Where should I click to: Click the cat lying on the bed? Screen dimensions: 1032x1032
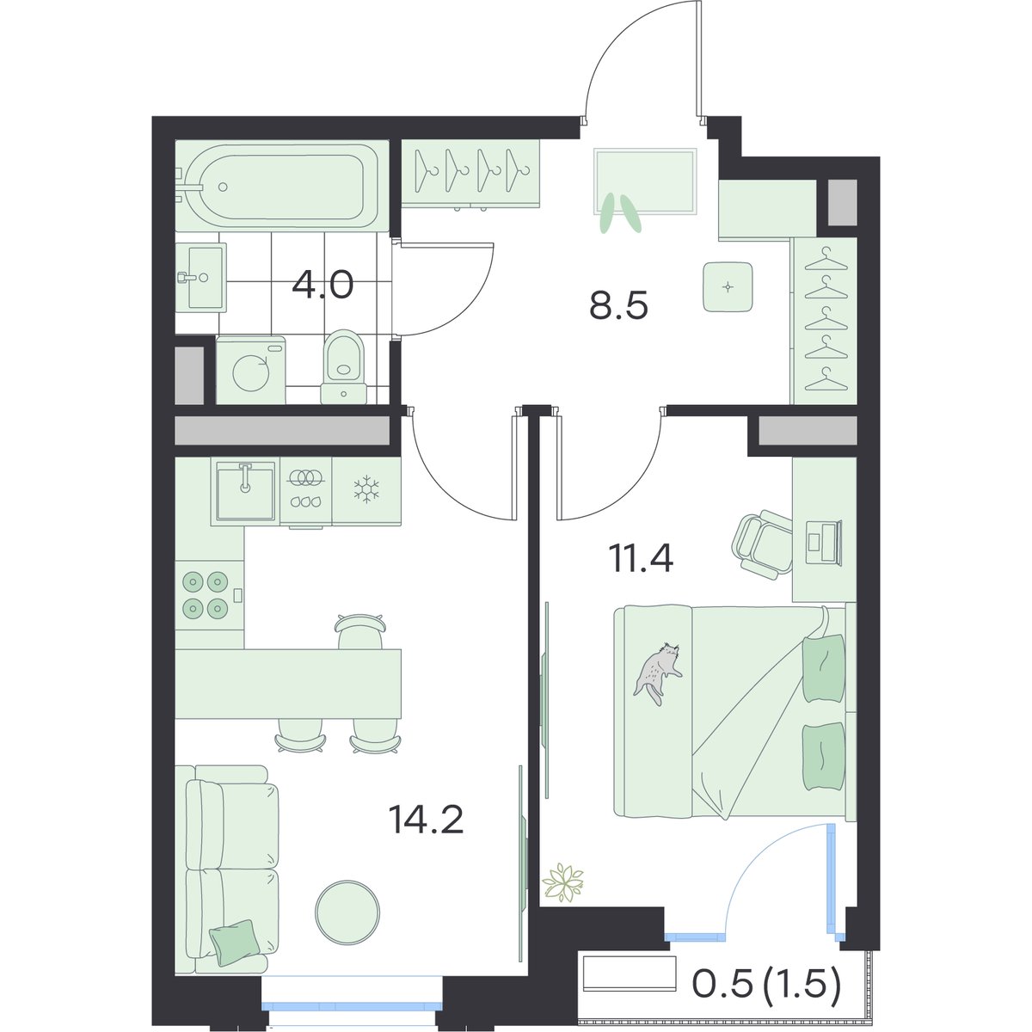(x=658, y=673)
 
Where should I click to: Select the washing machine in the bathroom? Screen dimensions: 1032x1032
(x=250, y=370)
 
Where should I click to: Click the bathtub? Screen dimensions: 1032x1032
(x=282, y=186)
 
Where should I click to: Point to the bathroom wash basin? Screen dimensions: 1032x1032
(x=201, y=278)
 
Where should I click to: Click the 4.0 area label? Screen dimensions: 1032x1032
(x=322, y=285)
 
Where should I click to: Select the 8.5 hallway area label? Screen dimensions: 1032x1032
(x=618, y=306)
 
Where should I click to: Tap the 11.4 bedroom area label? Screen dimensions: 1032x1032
(x=641, y=560)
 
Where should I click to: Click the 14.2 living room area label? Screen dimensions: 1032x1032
(x=427, y=820)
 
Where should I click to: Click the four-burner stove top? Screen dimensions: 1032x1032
(x=206, y=594)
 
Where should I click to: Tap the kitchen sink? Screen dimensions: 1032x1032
(x=246, y=491)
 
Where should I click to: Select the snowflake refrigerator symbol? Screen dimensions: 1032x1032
(x=366, y=489)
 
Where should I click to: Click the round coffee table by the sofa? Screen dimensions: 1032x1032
(x=347, y=912)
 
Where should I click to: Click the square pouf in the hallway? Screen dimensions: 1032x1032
(x=728, y=287)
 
